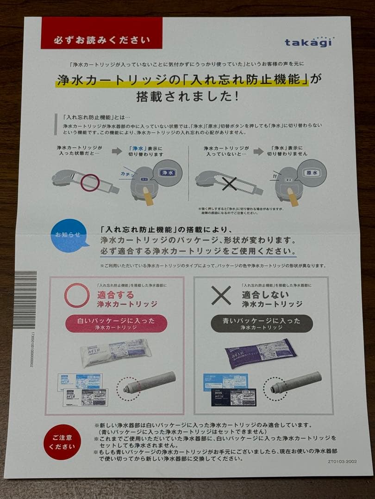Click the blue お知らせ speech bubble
click(69, 235)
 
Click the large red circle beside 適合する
click(77, 295)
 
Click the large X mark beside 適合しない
click(221, 295)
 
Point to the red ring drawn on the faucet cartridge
click(90, 183)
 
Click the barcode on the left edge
click(25, 299)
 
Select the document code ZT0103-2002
click(342, 461)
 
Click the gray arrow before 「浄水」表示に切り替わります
click(117, 151)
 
